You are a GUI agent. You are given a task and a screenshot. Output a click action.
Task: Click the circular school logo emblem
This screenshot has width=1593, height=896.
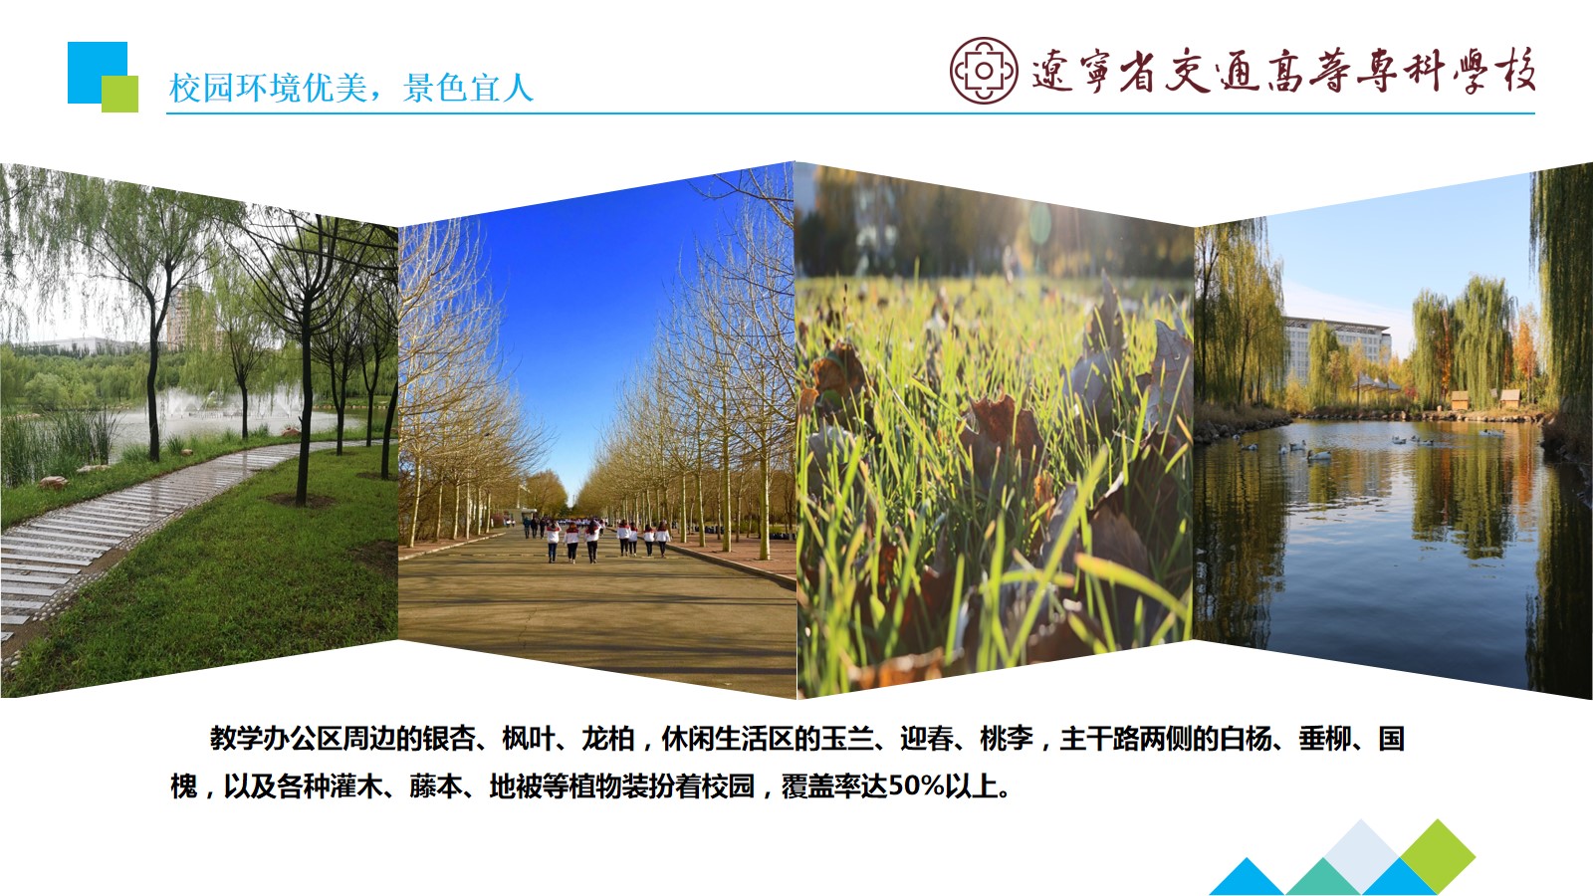[x=984, y=71]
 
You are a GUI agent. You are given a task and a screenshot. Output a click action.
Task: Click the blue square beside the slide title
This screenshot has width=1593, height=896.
[x=98, y=73]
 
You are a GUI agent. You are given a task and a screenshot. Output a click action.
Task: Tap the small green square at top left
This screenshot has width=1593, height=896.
[x=119, y=94]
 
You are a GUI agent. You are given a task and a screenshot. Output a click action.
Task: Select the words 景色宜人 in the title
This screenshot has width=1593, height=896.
[x=468, y=89]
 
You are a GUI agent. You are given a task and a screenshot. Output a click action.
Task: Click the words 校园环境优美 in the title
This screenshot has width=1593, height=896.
[x=268, y=89]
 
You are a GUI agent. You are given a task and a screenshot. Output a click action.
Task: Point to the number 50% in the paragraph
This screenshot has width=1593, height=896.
[x=916, y=786]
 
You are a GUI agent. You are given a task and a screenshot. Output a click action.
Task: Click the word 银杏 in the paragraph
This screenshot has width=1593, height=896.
[x=449, y=739]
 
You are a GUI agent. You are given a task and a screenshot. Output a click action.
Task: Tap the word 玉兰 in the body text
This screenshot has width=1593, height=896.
[x=847, y=739]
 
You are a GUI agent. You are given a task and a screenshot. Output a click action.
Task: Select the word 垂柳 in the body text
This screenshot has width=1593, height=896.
[x=1325, y=739]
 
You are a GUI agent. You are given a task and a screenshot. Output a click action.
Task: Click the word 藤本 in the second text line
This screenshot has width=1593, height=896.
[x=435, y=786]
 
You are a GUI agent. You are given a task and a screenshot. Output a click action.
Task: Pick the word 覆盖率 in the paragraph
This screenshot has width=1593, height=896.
[x=821, y=786]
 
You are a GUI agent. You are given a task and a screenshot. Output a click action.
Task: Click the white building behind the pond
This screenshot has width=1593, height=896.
[x=1337, y=347]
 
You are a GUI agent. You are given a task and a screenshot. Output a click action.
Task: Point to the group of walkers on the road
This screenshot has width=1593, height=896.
[x=596, y=539]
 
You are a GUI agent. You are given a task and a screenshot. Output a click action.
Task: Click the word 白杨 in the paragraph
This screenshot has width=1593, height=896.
[x=1246, y=739]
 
